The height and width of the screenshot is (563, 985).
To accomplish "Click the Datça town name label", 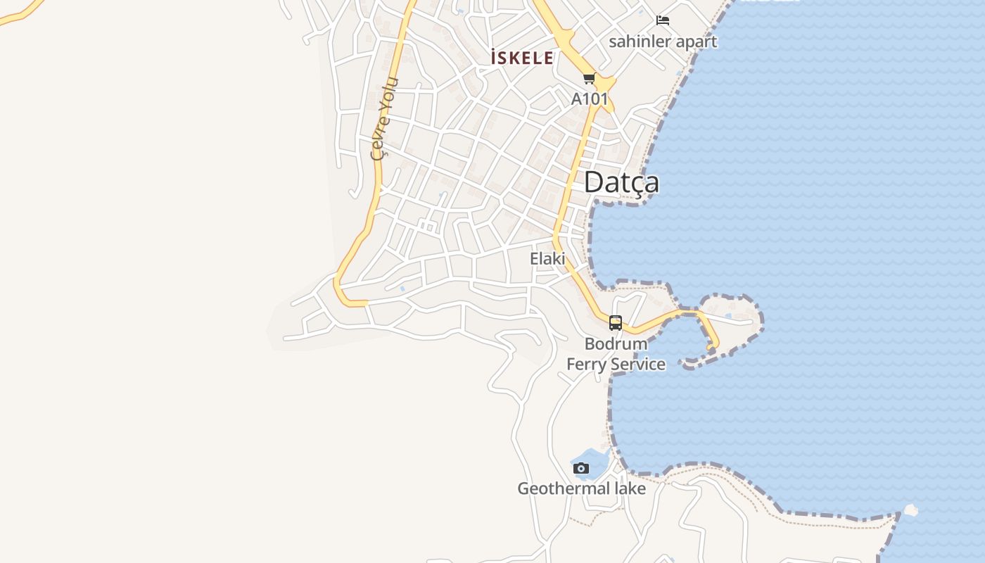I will click(x=621, y=182).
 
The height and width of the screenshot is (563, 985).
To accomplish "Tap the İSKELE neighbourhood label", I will click(x=522, y=58).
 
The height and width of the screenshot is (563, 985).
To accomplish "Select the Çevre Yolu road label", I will click(x=384, y=118).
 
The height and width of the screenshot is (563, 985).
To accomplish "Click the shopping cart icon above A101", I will click(x=589, y=79).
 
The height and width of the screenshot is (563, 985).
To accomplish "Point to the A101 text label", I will click(x=589, y=99).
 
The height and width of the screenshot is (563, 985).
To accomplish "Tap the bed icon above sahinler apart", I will click(x=663, y=20).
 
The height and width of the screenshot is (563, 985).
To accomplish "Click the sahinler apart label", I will click(x=663, y=42).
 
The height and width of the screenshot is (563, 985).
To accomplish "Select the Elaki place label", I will click(x=547, y=259).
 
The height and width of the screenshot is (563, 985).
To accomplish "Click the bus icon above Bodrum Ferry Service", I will click(x=616, y=323).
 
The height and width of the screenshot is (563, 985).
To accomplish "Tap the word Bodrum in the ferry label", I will click(x=616, y=344).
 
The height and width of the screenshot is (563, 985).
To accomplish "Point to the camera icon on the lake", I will click(x=580, y=468).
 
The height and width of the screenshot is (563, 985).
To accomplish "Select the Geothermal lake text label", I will click(x=581, y=488).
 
